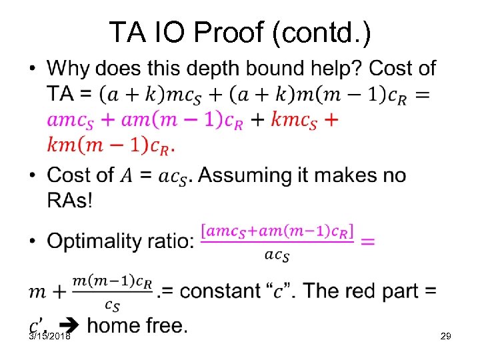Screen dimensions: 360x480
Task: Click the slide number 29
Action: [446, 337]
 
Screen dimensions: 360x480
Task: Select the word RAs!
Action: [69, 199]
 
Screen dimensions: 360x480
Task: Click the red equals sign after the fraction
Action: [367, 241]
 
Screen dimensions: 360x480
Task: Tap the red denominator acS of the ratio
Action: [277, 255]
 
